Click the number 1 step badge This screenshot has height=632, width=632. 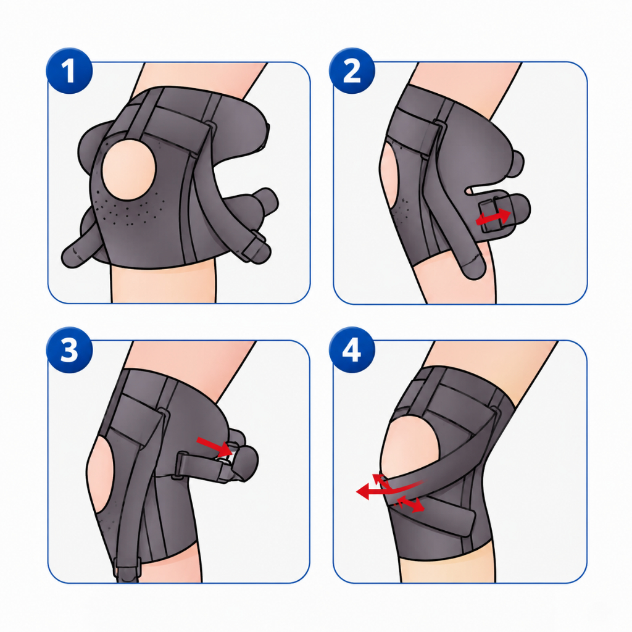[69, 71]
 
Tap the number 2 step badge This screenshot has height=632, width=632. [352, 71]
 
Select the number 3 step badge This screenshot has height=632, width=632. [69, 350]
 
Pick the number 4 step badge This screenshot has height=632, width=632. [352, 350]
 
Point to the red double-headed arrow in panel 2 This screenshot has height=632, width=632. [493, 217]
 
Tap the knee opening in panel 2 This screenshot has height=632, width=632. [389, 177]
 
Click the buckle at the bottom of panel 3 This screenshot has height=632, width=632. [126, 564]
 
